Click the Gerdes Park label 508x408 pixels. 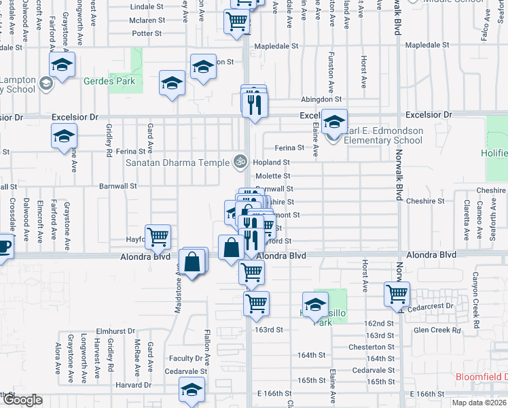point(109,82)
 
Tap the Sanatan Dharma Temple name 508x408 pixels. point(177,163)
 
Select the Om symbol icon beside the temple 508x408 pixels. point(238,162)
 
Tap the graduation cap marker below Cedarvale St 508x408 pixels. point(192,390)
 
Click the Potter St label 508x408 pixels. point(148,32)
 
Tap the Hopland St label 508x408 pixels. point(272,163)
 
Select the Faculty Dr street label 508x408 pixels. point(186,358)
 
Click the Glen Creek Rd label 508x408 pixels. point(437,331)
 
